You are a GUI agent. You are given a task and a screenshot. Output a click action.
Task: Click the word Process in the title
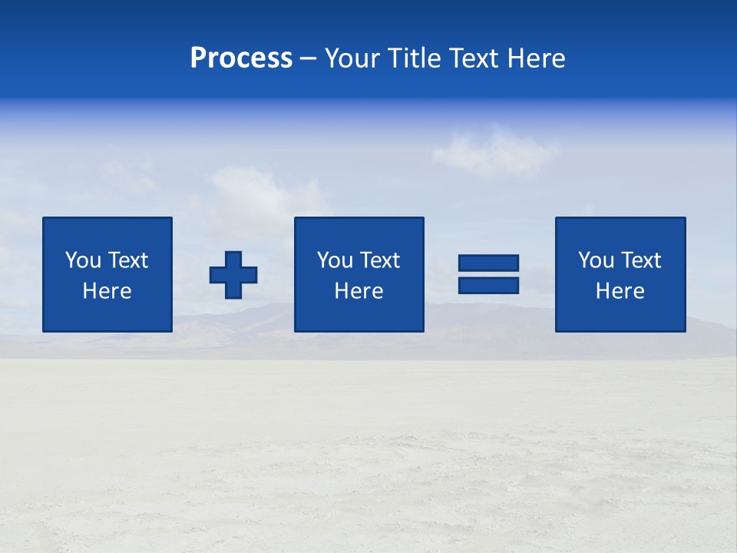[x=241, y=58]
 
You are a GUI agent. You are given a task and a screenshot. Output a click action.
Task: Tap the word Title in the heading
[x=414, y=58]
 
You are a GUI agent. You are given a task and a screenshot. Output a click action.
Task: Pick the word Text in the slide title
[x=472, y=58]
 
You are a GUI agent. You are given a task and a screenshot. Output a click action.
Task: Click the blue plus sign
[x=233, y=275]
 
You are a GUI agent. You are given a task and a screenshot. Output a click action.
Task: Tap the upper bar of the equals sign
[x=488, y=263]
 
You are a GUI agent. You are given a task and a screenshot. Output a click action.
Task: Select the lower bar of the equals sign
[x=488, y=285]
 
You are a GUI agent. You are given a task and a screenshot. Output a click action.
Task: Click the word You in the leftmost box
[x=83, y=260]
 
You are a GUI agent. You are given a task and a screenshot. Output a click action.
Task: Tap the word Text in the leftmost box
[x=127, y=260]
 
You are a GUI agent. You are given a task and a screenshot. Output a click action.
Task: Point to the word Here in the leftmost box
[x=107, y=291]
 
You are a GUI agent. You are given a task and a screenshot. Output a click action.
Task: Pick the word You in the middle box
[x=335, y=260]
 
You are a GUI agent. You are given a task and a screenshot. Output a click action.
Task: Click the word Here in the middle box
[x=359, y=291]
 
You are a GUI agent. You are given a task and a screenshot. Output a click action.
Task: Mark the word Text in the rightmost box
[x=640, y=260]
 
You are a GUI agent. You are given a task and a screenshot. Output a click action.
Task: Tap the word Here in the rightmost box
[x=620, y=291]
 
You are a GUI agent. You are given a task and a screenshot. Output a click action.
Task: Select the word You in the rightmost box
[x=596, y=260]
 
